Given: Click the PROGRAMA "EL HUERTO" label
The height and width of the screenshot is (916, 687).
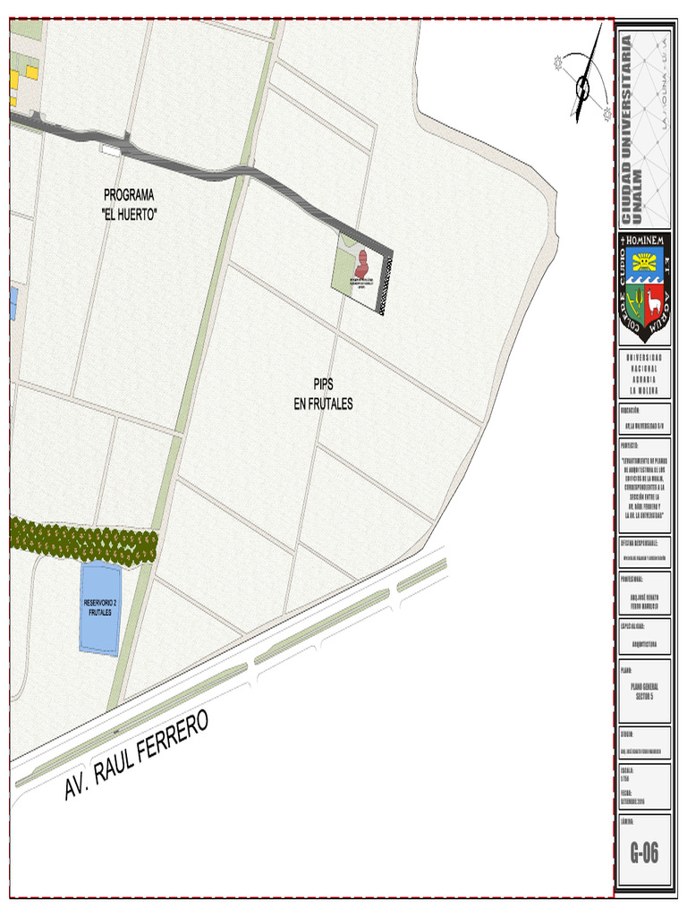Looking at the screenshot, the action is click(130, 204).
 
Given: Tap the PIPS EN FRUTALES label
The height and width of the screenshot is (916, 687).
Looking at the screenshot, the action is click(323, 394).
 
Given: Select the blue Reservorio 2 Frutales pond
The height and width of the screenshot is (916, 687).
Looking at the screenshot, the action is click(100, 609).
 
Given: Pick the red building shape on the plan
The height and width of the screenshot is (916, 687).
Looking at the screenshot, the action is click(362, 265).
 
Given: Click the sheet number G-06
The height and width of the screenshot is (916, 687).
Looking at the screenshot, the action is click(644, 852).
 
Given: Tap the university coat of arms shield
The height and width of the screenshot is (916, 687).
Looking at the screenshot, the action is click(644, 288).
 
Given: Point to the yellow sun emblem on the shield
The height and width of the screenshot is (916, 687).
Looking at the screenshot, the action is click(644, 262).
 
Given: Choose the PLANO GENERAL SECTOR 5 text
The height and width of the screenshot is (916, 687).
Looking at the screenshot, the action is click(644, 691).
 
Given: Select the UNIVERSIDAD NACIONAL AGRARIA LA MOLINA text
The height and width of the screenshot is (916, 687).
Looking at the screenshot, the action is click(644, 373).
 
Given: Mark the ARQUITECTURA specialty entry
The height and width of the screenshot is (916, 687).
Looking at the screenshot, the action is click(644, 642).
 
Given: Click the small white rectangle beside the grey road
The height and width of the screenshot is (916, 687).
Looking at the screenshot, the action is click(111, 150).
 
